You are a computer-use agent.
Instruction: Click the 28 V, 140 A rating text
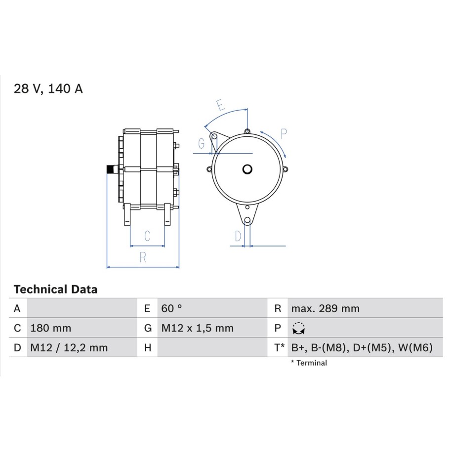(x=48, y=89)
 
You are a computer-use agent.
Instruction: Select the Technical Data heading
(x=55, y=289)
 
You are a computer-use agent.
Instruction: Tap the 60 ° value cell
(x=171, y=308)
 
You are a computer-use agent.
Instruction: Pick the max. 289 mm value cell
(x=325, y=308)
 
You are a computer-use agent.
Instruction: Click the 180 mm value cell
(x=51, y=328)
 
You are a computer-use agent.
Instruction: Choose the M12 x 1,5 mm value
(x=197, y=328)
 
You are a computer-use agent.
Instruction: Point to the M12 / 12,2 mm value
(x=69, y=348)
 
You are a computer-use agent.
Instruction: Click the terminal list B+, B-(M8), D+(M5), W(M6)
(x=362, y=348)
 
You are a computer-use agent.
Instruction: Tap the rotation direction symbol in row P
(x=298, y=329)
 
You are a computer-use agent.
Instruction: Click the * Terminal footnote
(x=309, y=363)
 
